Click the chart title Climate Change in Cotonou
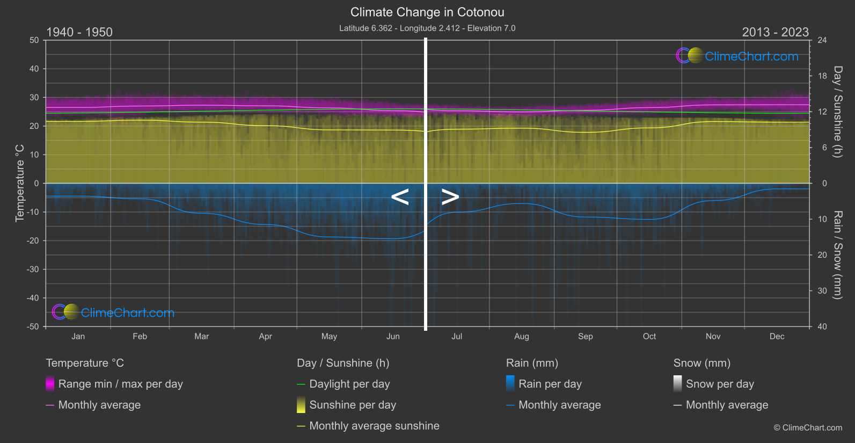[427, 12]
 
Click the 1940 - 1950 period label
[79, 32]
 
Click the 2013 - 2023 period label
[775, 32]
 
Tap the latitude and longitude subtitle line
[427, 28]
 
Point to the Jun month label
[393, 336]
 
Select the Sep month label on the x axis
[585, 336]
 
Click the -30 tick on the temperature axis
[33, 269]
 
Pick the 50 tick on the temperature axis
[34, 40]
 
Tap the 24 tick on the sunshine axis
[822, 40]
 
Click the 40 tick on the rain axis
[822, 326]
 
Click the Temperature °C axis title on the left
[20, 183]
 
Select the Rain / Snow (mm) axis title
[837, 255]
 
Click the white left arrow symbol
[400, 197]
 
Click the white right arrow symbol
[450, 197]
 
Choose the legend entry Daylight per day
[349, 384]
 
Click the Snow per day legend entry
[719, 384]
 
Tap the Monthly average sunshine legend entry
[374, 426]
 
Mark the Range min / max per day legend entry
[120, 384]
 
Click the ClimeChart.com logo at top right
[738, 56]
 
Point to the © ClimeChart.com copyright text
[808, 427]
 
